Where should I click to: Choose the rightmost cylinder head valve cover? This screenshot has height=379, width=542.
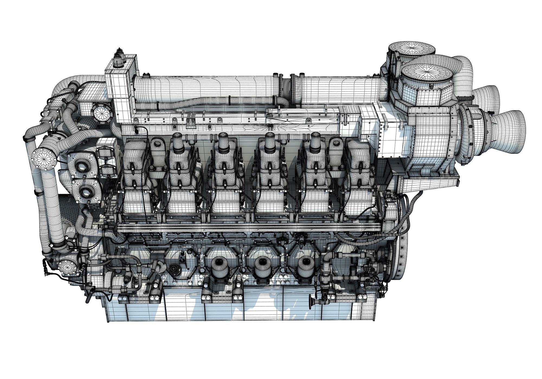tap(359, 162)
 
